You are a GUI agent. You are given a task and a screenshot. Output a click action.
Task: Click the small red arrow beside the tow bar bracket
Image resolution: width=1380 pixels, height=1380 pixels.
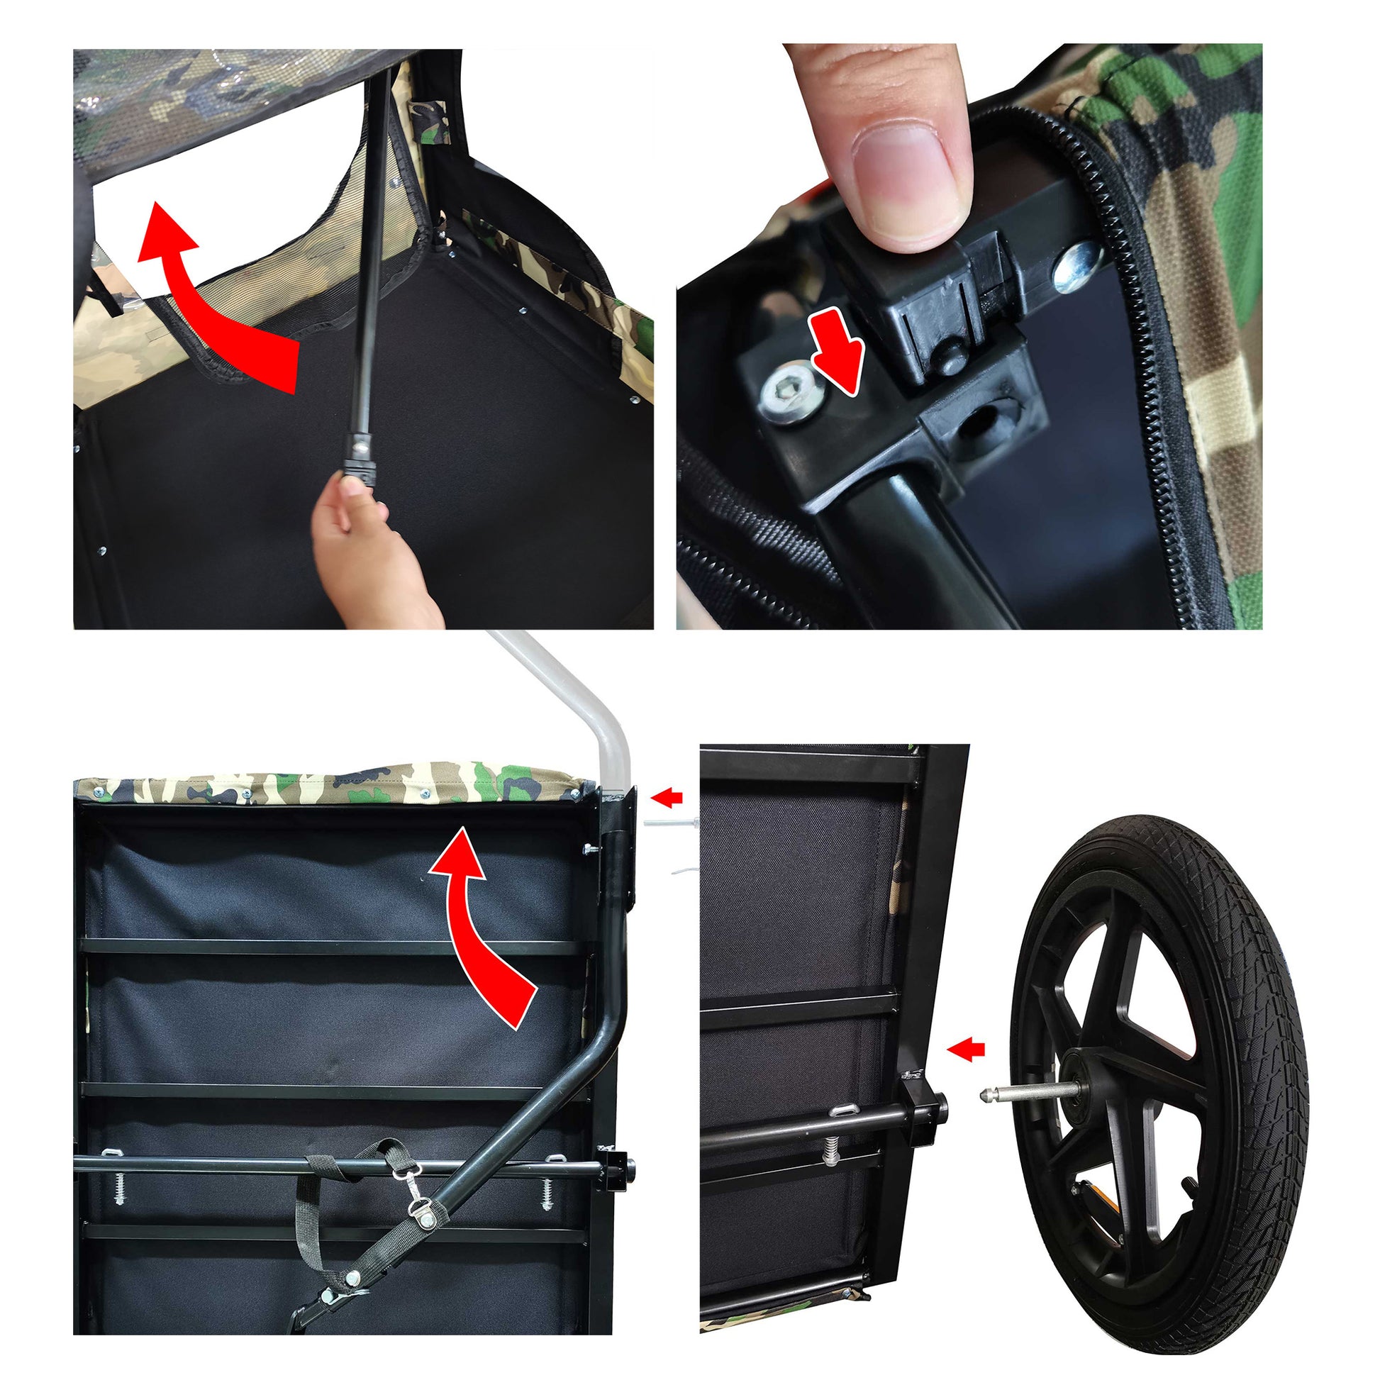tap(667, 798)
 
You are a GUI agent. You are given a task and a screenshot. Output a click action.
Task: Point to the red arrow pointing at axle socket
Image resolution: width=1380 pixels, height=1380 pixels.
tap(966, 1050)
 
